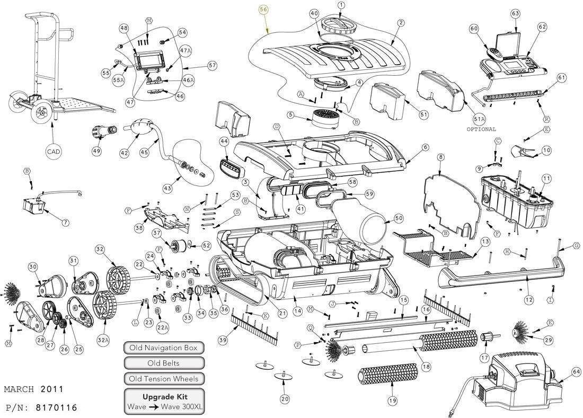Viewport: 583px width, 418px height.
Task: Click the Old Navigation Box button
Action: tap(164, 348)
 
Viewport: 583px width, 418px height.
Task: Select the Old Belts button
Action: tap(164, 363)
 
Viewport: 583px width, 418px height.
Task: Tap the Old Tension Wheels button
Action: tap(164, 379)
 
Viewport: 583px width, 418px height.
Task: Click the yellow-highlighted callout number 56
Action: tap(264, 10)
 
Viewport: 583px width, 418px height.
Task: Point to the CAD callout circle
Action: tap(54, 152)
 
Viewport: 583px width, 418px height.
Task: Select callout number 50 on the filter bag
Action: tap(399, 218)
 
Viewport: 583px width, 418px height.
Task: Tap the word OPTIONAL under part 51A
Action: tap(481, 129)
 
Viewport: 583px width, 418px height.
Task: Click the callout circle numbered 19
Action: tap(392, 401)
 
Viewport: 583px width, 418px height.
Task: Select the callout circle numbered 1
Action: tap(341, 5)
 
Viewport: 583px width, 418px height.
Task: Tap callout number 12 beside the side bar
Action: tap(528, 300)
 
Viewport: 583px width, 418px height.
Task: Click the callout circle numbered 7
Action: tap(65, 223)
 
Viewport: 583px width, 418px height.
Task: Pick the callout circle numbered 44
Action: tap(224, 142)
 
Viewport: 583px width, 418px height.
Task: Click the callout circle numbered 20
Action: tap(285, 399)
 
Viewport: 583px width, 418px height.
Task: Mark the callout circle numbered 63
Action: tap(515, 13)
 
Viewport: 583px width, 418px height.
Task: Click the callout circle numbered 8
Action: tap(440, 157)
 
